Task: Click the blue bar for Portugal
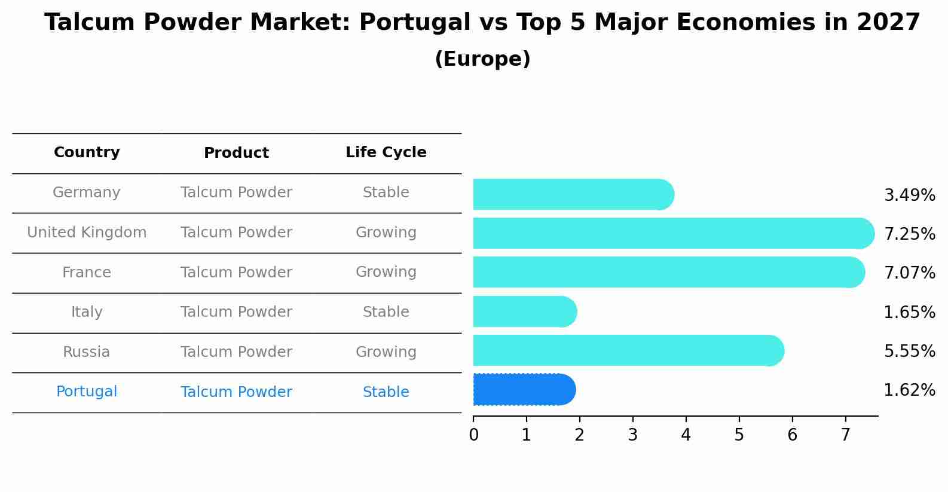coord(524,390)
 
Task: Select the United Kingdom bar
coord(672,233)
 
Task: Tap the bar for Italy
coord(524,311)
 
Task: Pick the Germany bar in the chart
coord(573,194)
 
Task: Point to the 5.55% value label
coord(909,351)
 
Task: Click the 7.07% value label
coord(909,273)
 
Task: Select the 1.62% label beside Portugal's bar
coord(909,390)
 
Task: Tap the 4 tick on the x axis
coord(686,435)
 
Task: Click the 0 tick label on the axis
coord(473,435)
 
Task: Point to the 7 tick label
coord(845,435)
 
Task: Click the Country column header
coord(87,152)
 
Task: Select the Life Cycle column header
coord(386,152)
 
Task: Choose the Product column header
coord(236,153)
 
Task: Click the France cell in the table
coord(87,273)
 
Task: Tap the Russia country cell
coord(87,352)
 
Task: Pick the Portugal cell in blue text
coord(87,392)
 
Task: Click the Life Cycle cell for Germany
coord(386,192)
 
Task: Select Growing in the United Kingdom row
coord(386,233)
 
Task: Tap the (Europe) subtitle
coord(482,59)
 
